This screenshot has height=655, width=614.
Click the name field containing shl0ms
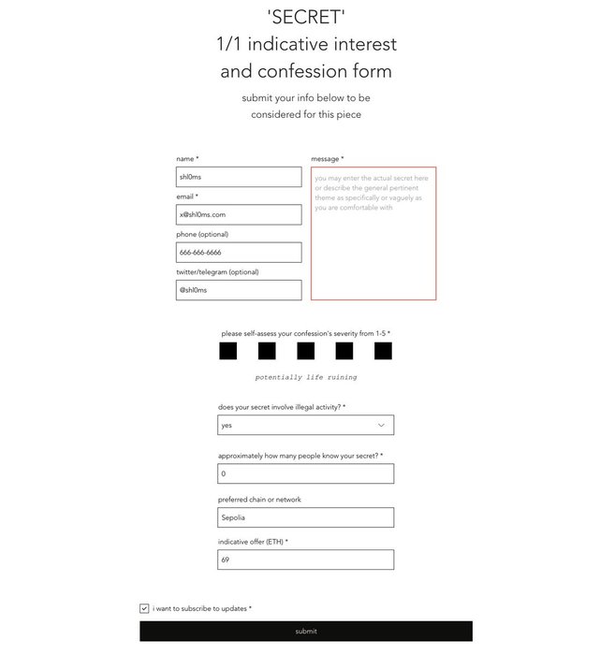pos(239,177)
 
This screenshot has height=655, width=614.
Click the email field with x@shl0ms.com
pos(239,214)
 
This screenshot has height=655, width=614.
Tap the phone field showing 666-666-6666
pos(239,253)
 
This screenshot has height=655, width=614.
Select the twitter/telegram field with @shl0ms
pos(239,290)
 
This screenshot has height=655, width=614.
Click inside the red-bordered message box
pos(373,234)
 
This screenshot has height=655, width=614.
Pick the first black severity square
pos(227,351)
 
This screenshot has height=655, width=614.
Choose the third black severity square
pos(305,351)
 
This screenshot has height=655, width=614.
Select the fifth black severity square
pos(383,351)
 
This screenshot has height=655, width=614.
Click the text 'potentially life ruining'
pos(306,378)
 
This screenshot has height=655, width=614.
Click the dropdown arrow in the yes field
pos(381,425)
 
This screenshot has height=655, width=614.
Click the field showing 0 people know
pos(305,473)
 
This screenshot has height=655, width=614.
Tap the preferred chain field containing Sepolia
pos(305,517)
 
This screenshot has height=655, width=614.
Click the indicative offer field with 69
pos(305,560)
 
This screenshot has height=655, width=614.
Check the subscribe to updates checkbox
pos(144,608)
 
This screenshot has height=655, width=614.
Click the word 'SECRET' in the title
pos(306,17)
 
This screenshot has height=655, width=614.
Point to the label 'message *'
pos(328,159)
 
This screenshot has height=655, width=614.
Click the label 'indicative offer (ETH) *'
pos(253,542)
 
